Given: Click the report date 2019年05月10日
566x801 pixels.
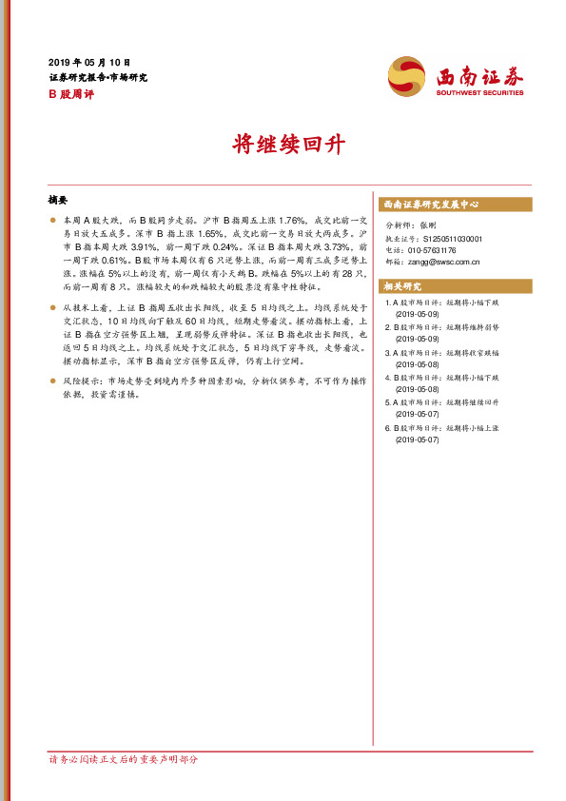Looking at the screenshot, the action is (89, 61).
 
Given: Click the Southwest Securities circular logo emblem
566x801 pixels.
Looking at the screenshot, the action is (407, 75).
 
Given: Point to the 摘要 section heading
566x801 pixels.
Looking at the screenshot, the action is (58, 201).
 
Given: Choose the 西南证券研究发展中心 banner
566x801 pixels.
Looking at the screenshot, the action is (431, 205).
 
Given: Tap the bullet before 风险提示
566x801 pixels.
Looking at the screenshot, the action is (52, 381).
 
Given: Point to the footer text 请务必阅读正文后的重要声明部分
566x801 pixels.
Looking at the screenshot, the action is (123, 760).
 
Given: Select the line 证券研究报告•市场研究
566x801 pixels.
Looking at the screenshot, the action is (97, 77).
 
